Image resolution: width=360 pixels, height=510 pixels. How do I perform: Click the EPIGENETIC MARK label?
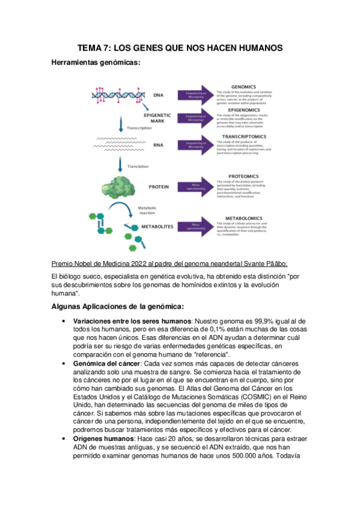157,118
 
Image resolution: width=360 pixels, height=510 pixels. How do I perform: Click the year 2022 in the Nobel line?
132,263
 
